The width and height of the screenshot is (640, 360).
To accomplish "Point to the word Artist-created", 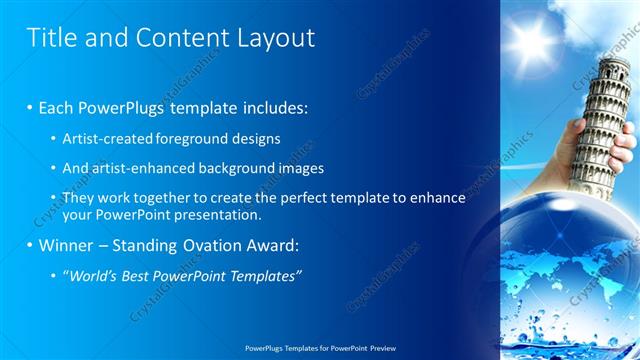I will tap(109, 138).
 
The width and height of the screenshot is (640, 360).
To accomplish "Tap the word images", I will tap(298, 168).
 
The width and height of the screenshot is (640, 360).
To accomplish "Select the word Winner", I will tap(67, 245).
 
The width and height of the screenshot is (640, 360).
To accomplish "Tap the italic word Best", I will tap(147, 276).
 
